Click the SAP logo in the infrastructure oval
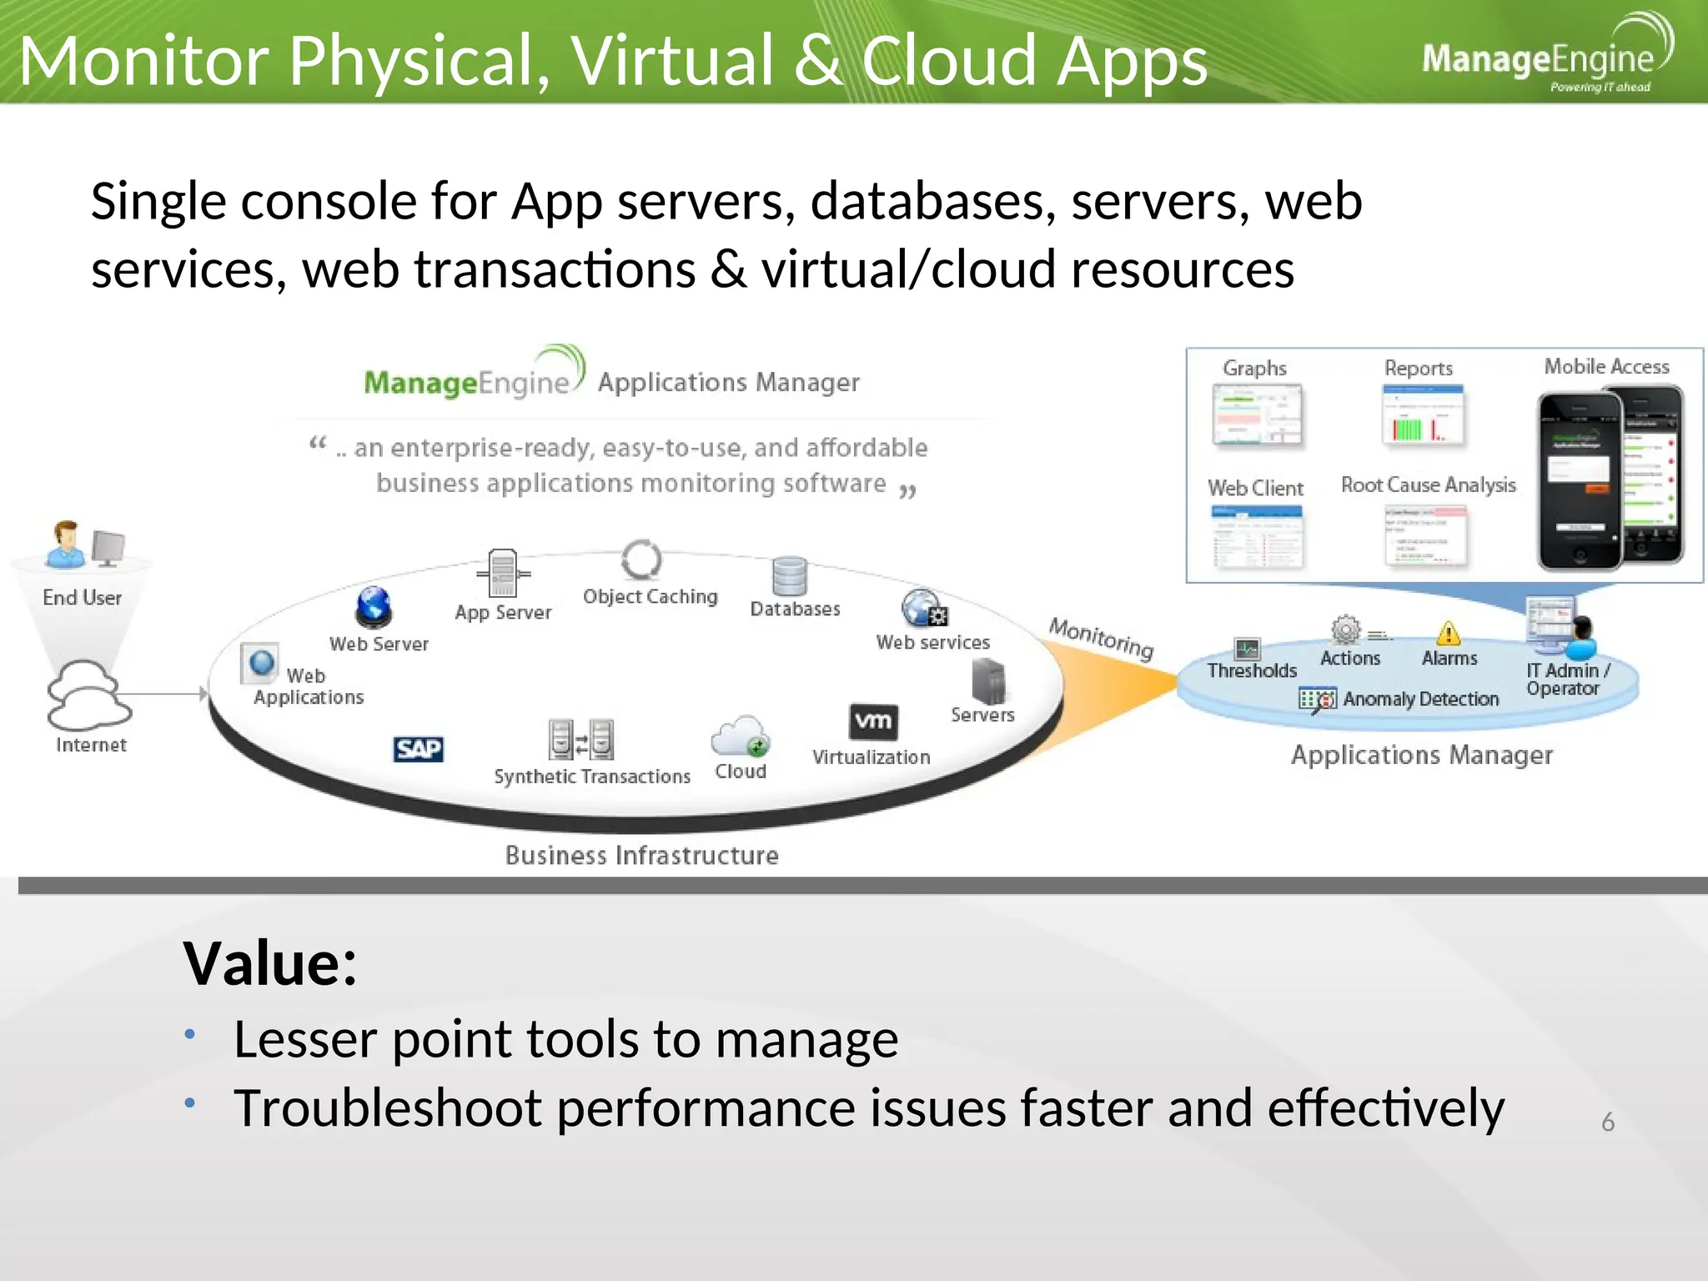pyautogui.click(x=418, y=749)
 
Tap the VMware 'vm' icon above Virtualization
pyautogui.click(x=873, y=721)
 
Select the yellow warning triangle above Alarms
pyautogui.click(x=1449, y=634)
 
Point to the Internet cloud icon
pyautogui.click(x=87, y=695)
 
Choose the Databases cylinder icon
pyautogui.click(x=789, y=576)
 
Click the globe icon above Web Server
pyautogui.click(x=374, y=606)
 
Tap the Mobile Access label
pyautogui.click(x=1606, y=367)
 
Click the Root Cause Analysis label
pyautogui.click(x=1428, y=485)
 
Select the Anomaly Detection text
pyautogui.click(x=1420, y=699)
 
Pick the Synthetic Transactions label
pyautogui.click(x=592, y=776)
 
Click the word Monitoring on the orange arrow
pyautogui.click(x=1101, y=637)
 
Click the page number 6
pyautogui.click(x=1608, y=1123)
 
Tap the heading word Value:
pyautogui.click(x=270, y=963)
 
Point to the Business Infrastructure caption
pyautogui.click(x=641, y=856)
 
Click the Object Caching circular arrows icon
pyautogui.click(x=641, y=560)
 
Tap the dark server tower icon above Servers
pyautogui.click(x=988, y=681)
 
